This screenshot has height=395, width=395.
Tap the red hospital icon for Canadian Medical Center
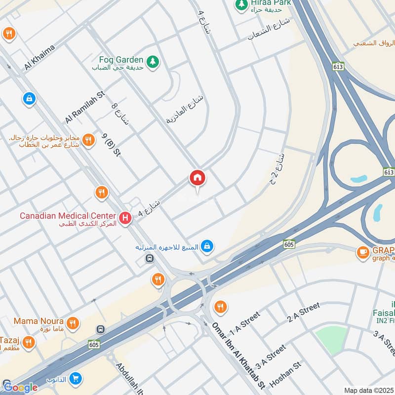pyautogui.click(x=125, y=217)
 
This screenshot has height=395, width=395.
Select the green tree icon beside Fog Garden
pyautogui.click(x=154, y=61)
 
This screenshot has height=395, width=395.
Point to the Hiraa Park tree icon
pyautogui.click(x=241, y=4)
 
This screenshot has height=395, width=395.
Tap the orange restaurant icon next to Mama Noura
pyautogui.click(x=73, y=323)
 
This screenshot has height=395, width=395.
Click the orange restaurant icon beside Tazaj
pyautogui.click(x=29, y=342)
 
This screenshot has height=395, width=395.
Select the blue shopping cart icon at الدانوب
pyautogui.click(x=75, y=379)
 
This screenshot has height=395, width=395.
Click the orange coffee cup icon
pyautogui.click(x=363, y=252)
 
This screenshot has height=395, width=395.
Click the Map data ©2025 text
pyautogui.click(x=368, y=390)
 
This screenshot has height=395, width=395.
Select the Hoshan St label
pyautogui.click(x=285, y=374)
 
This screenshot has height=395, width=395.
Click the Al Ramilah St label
pyautogui.click(x=85, y=107)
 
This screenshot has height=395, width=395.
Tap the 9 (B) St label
pyautogui.click(x=111, y=145)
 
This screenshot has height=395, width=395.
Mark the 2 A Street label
pyautogui.click(x=304, y=313)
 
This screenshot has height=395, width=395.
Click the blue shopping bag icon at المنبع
pyautogui.click(x=208, y=245)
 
